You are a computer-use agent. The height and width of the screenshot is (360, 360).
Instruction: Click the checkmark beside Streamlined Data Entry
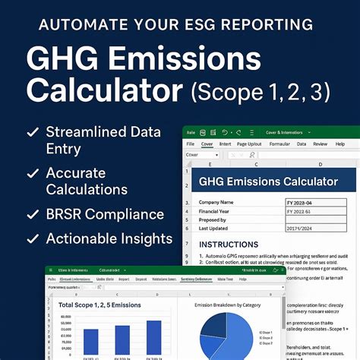click(x=32, y=132)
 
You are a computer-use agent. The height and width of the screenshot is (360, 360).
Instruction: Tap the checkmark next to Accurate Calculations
click(x=32, y=173)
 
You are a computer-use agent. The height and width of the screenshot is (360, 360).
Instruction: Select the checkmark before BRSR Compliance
click(x=32, y=214)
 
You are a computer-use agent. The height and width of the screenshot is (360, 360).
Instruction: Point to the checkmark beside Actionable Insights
click(x=32, y=239)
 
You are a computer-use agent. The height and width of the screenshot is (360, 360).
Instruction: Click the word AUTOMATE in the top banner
click(x=82, y=24)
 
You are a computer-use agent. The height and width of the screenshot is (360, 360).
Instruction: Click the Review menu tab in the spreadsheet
click(x=321, y=142)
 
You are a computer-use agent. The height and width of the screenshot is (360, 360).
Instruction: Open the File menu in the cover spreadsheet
click(x=190, y=142)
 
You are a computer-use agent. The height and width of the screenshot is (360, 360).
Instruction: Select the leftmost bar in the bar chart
click(x=90, y=343)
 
